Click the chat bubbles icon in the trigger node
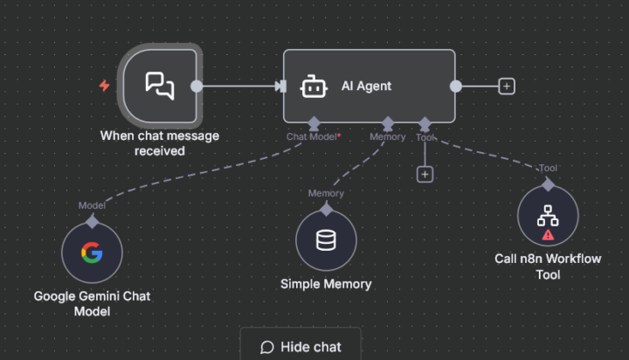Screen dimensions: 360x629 (159, 85)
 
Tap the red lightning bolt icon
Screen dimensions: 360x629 (105, 86)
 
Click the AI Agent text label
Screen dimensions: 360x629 (366, 87)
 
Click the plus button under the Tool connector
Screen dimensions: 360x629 (425, 174)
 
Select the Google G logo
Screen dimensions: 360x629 (92, 253)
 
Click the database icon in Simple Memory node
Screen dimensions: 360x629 (326, 239)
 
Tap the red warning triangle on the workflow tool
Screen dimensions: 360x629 (548, 234)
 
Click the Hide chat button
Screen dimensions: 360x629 (301, 347)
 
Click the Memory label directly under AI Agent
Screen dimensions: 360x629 (387, 137)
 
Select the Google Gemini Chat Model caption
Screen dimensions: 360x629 (92, 303)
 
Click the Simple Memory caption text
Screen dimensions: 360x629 (326, 284)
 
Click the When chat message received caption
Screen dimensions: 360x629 (159, 143)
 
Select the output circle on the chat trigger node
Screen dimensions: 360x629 (197, 86)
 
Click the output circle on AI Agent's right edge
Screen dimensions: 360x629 (455, 86)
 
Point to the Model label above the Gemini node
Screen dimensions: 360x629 (92, 205)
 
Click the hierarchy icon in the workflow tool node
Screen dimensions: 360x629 (548, 214)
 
